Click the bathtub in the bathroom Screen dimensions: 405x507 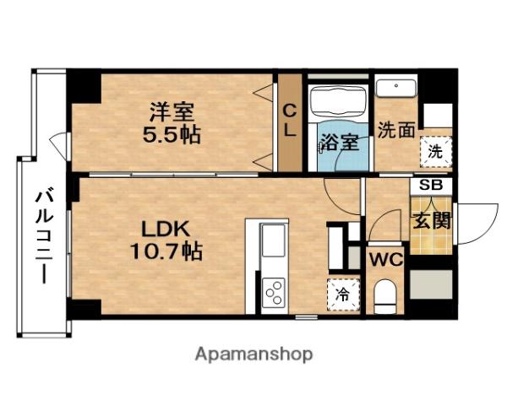click(339, 102)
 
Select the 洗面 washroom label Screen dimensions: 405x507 click(395, 132)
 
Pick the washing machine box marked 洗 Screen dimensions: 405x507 click(436, 154)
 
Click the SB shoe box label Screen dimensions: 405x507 click(432, 185)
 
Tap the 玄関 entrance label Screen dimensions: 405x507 click(431, 222)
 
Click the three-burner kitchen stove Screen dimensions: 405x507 click(275, 293)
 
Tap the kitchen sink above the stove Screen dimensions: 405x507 click(275, 242)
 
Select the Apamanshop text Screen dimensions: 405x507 click(253, 354)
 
